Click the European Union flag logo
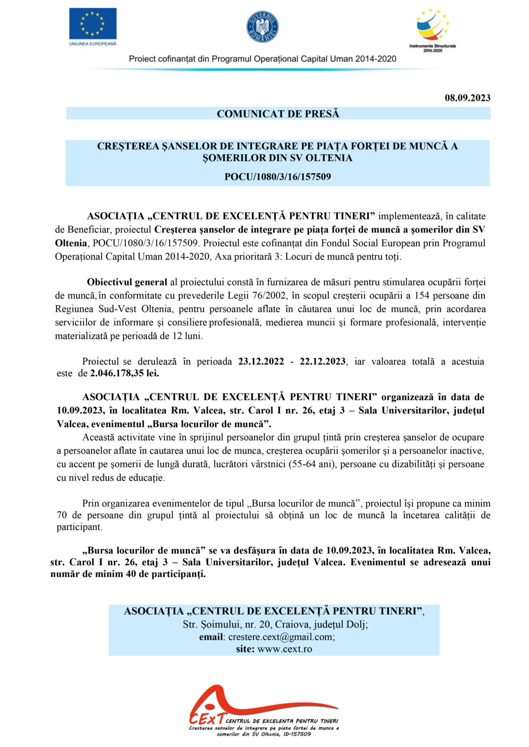coord(92,23)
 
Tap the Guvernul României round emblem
coord(262,27)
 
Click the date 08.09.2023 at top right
coord(467,98)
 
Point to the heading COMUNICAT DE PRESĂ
coord(278,114)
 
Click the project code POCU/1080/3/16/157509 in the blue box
coord(277,177)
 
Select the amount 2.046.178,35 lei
coord(125,373)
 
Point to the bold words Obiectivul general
coord(127,282)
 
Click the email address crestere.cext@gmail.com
coord(281,637)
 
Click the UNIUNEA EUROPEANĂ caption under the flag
coord(93,44)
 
